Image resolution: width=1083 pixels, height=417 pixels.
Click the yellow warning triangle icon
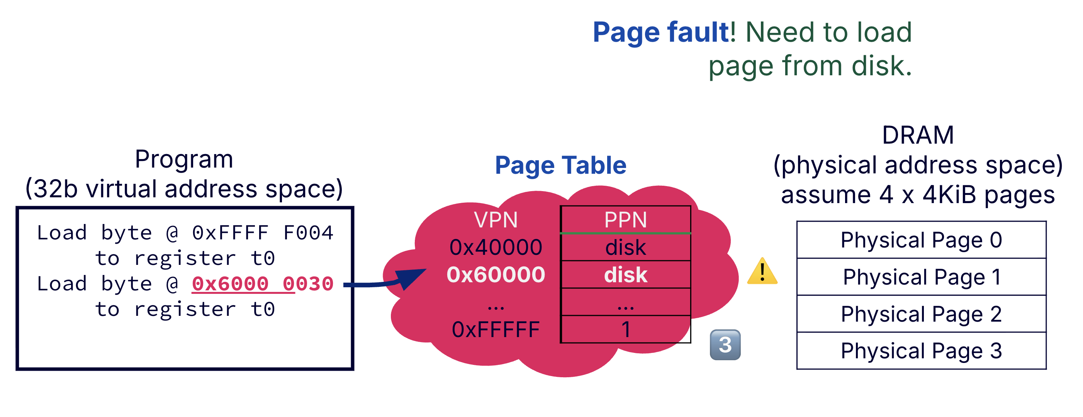pyautogui.click(x=762, y=272)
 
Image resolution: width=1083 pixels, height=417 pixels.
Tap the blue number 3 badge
pyautogui.click(x=725, y=345)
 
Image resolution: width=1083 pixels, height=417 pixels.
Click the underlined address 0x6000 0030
pyautogui.click(x=262, y=284)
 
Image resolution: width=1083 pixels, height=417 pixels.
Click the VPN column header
pyautogui.click(x=496, y=220)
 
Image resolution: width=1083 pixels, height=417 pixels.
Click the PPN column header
pyautogui.click(x=625, y=220)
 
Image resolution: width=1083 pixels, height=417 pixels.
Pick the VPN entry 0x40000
pyautogui.click(x=496, y=247)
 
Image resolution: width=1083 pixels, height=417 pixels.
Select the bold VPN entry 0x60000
pyautogui.click(x=496, y=275)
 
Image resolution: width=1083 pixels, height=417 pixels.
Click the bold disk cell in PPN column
pyautogui.click(x=625, y=275)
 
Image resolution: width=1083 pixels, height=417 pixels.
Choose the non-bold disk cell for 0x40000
pyautogui.click(x=625, y=247)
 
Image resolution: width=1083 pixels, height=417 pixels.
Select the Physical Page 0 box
pyautogui.click(x=921, y=240)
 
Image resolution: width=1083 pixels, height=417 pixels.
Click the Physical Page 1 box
pyautogui.click(x=921, y=277)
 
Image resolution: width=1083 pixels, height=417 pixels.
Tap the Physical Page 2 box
pyautogui.click(x=921, y=314)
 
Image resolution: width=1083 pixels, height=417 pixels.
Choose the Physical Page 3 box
pyautogui.click(x=921, y=351)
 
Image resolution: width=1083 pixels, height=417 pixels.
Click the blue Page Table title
pyautogui.click(x=560, y=165)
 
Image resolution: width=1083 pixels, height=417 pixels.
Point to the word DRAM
pyautogui.click(x=917, y=136)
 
